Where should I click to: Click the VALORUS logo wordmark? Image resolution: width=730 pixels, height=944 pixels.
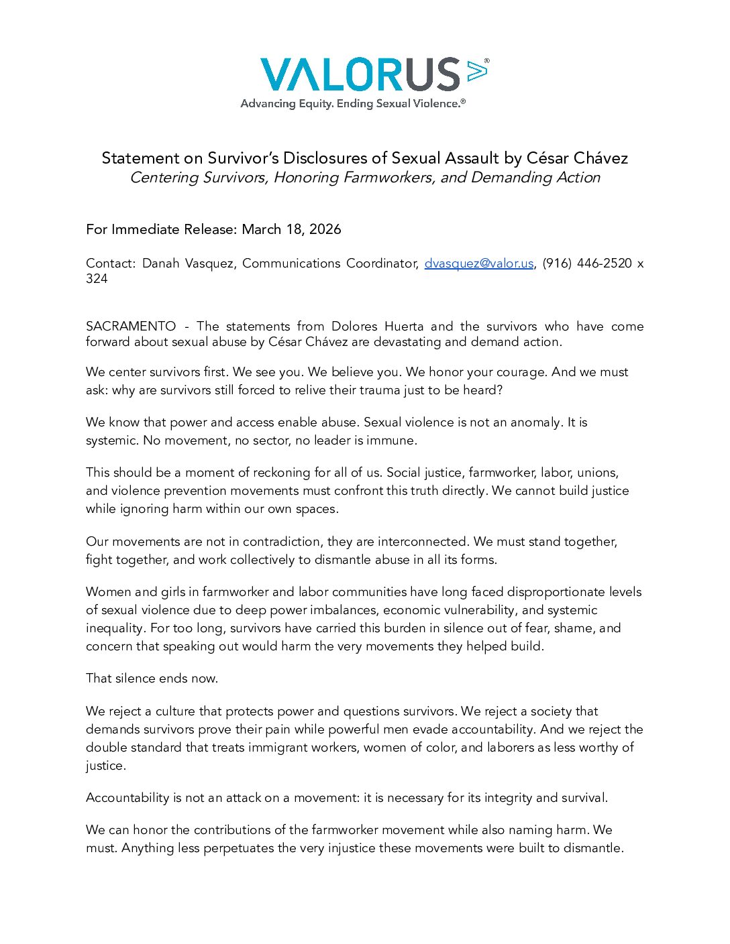[360, 74]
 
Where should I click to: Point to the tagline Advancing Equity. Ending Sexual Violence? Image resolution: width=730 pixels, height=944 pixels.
[353, 103]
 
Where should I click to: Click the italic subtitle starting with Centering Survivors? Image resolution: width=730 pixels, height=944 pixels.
[364, 178]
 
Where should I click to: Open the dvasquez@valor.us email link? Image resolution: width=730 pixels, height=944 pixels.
[478, 263]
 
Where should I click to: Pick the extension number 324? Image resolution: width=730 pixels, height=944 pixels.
[97, 279]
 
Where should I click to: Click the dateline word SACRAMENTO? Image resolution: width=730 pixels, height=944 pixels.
[131, 327]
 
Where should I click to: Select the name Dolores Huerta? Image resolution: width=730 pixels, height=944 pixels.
[377, 327]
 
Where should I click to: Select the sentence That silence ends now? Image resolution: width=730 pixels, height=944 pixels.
[152, 678]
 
